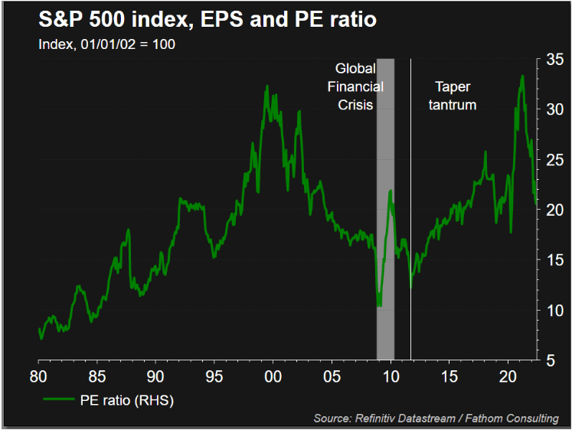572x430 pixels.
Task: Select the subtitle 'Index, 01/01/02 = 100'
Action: pyautogui.click(x=107, y=44)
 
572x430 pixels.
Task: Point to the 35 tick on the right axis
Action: pyautogui.click(x=555, y=58)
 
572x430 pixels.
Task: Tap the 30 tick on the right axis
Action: pyautogui.click(x=555, y=109)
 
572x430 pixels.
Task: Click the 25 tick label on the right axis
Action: pyautogui.click(x=555, y=159)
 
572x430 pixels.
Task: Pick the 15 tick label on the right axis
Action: pyautogui.click(x=555, y=260)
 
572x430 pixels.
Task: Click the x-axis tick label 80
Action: pyautogui.click(x=38, y=376)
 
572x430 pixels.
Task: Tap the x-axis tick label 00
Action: pyautogui.click(x=273, y=376)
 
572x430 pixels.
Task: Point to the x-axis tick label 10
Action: pyautogui.click(x=391, y=376)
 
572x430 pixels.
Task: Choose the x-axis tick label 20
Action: pyautogui.click(x=508, y=376)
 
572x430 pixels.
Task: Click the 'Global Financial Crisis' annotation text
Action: pyautogui.click(x=355, y=86)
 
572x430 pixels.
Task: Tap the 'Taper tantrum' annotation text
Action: pyautogui.click(x=456, y=96)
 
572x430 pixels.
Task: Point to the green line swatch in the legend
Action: pyautogui.click(x=60, y=399)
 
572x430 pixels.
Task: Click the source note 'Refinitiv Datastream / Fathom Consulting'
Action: pyautogui.click(x=436, y=418)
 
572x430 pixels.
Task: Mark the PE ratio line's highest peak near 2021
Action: pyautogui.click(x=522, y=76)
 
